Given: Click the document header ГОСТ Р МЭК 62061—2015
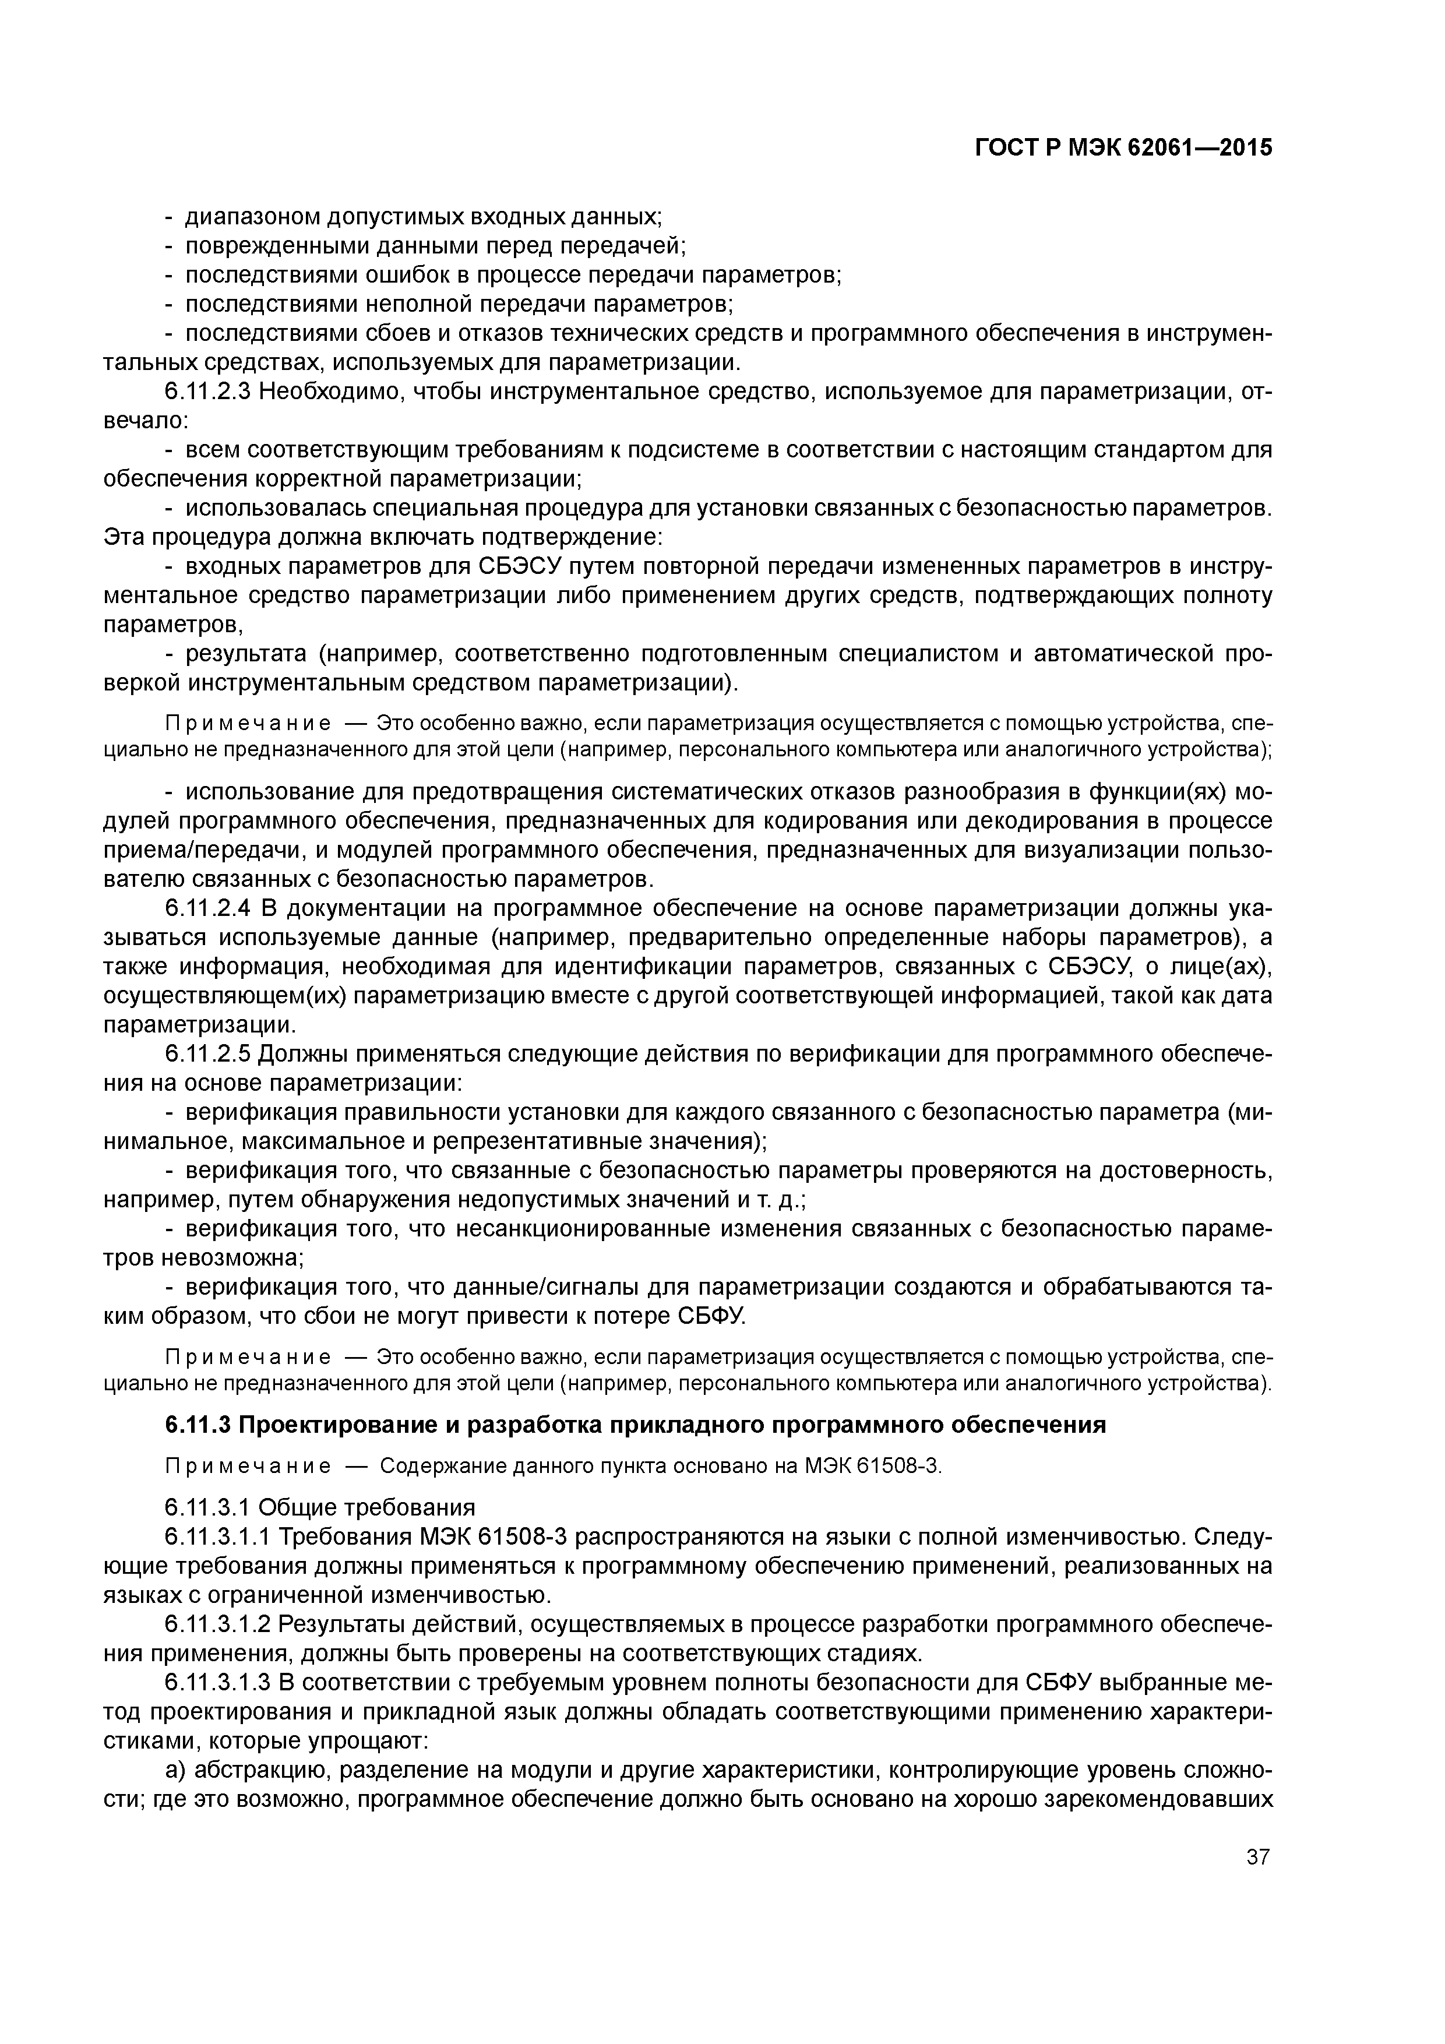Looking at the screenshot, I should pos(1123,149).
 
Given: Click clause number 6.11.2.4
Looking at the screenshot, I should pos(210,908).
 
